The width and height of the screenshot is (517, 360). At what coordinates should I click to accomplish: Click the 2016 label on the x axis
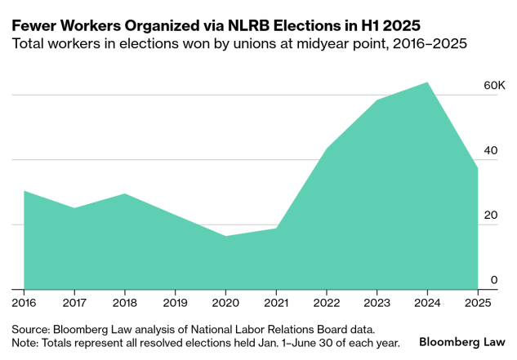(24, 304)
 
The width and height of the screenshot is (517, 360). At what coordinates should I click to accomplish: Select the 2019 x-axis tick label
(175, 304)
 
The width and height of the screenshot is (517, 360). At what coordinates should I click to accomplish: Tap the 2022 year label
(326, 304)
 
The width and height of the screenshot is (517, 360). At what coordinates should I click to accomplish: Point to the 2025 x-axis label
(478, 304)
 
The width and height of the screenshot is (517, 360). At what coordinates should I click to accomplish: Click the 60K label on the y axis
(495, 86)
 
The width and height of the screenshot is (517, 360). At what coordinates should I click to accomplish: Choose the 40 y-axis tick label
(490, 150)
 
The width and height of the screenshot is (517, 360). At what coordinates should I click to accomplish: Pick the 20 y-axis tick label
(490, 216)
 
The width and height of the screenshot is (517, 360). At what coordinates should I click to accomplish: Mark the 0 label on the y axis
(493, 280)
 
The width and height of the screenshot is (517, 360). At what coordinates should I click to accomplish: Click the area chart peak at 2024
(427, 82)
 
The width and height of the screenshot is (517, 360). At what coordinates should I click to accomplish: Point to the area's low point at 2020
(225, 236)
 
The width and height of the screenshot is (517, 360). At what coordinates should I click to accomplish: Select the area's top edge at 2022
(326, 149)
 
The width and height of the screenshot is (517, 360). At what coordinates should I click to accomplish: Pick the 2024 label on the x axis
(427, 304)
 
